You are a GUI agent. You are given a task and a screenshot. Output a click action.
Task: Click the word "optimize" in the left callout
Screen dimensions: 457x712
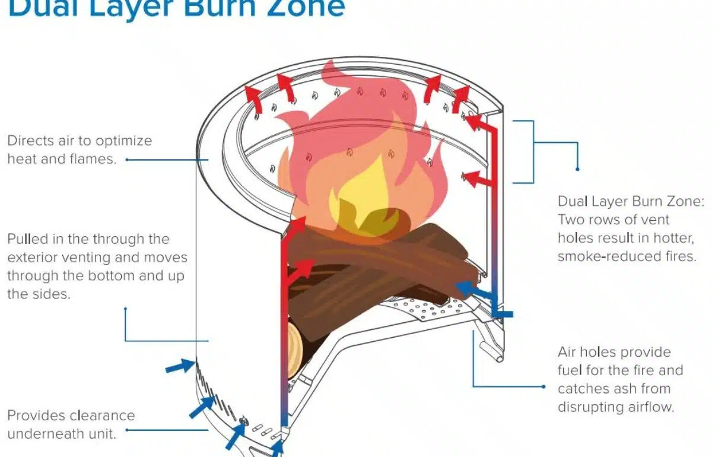pos(121,141)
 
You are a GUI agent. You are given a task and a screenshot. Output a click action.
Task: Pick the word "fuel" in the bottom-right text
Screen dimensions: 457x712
pos(570,370)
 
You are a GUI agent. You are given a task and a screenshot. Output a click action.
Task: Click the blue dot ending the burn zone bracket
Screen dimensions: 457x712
pos(578,169)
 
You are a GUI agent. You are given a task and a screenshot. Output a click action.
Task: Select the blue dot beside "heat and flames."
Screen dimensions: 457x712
pos(127,160)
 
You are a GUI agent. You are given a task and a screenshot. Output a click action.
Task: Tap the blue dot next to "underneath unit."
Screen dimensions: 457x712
pos(126,430)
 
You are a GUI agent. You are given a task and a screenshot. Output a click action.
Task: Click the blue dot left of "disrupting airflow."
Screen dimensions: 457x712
pos(544,387)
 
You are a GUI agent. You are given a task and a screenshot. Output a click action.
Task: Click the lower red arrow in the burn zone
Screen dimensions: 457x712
pos(477,176)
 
